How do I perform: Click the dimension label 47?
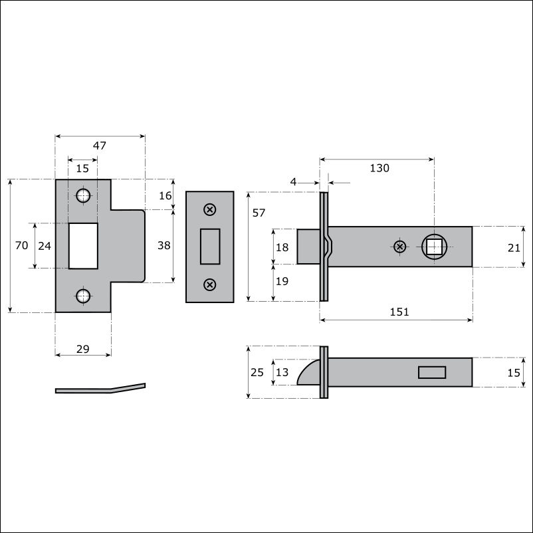100,146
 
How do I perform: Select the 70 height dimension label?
21,245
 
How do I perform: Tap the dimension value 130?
379,168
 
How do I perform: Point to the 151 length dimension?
399,312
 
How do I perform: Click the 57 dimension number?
259,213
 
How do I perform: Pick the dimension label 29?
82,349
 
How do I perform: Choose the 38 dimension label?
164,245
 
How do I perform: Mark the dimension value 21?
514,248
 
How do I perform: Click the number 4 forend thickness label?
293,182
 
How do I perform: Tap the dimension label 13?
282,372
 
